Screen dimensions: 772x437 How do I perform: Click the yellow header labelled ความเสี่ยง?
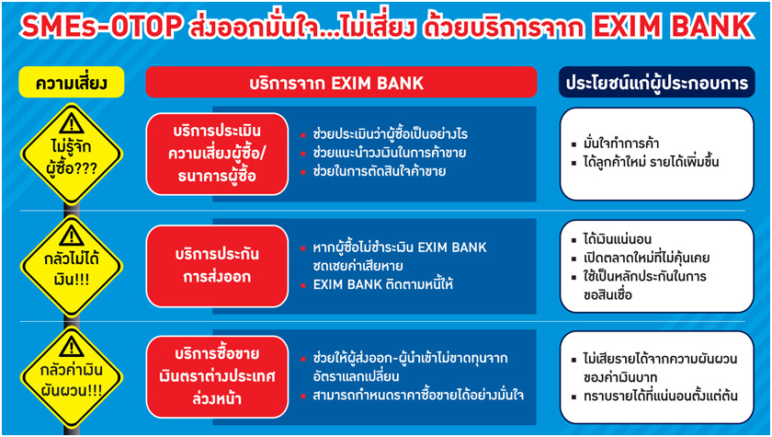click(72, 82)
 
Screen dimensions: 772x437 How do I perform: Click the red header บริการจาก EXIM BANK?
click(341, 82)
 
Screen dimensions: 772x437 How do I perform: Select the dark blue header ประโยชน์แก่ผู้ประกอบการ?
click(657, 82)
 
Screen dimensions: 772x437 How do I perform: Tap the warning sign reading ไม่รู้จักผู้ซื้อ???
click(72, 154)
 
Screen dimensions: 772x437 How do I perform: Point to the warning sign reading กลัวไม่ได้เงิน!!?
click(72, 266)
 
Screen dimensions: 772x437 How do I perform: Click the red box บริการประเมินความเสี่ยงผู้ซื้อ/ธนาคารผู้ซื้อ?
click(217, 154)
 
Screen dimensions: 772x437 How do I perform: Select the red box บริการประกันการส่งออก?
click(217, 266)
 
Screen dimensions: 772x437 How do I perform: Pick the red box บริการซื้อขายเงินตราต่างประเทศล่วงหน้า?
click(217, 377)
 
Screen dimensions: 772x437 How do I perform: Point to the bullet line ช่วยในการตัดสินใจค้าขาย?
click(373, 172)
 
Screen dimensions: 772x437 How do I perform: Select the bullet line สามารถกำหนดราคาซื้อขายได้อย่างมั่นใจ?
click(412, 396)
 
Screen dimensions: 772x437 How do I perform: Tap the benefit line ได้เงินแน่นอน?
click(611, 239)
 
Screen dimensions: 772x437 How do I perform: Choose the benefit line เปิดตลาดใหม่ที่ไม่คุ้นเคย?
click(640, 259)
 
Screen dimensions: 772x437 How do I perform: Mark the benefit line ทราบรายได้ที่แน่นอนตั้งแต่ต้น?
click(654, 396)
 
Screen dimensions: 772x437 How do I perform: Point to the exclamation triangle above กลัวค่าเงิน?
click(72, 347)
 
